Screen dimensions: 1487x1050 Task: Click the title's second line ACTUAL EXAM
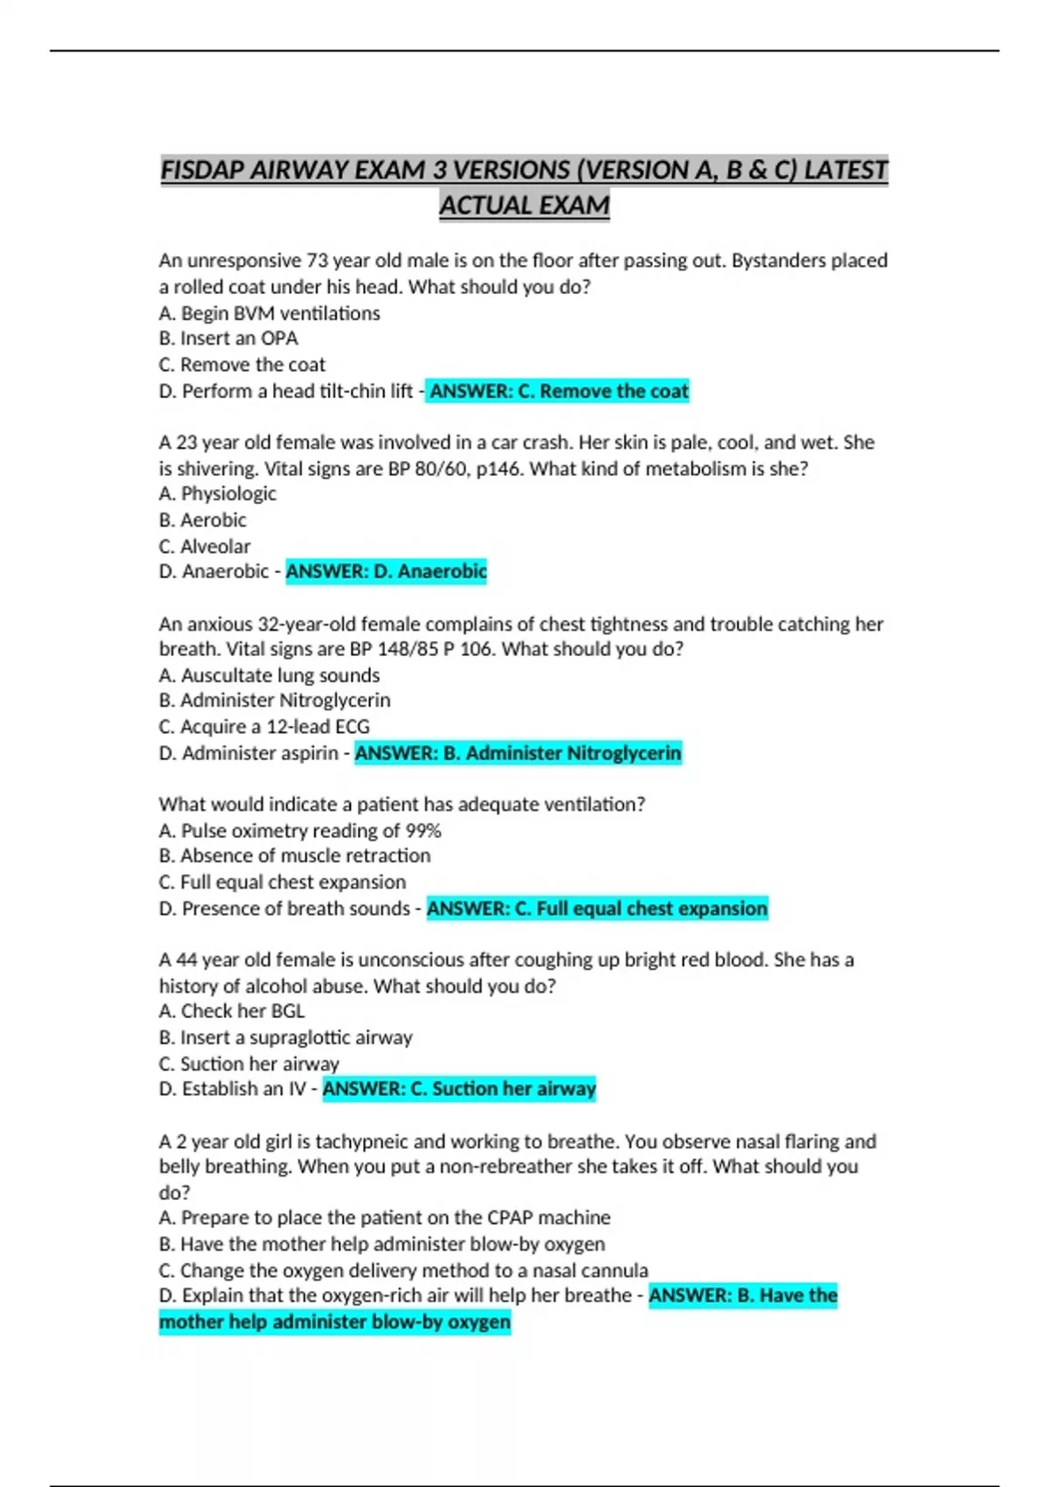click(524, 206)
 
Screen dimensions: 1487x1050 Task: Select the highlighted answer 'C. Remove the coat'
click(559, 391)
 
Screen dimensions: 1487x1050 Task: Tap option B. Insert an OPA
click(228, 339)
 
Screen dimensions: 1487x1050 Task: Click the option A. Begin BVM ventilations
click(269, 313)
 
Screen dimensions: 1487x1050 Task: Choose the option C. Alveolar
click(205, 547)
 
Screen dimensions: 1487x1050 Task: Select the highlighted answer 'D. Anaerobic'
click(386, 571)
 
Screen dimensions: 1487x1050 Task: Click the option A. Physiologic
click(218, 493)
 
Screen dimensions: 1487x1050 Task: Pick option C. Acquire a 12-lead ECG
click(264, 727)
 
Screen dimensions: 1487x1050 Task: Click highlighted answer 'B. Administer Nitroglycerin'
click(518, 753)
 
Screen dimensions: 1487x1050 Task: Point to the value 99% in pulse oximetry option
click(423, 830)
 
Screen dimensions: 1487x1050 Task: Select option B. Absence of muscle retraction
click(295, 855)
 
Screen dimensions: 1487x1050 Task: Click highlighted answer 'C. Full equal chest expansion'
click(598, 909)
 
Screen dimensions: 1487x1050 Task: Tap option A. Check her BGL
click(232, 1011)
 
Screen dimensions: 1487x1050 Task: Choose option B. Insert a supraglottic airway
click(285, 1037)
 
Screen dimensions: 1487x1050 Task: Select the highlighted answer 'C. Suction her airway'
click(459, 1089)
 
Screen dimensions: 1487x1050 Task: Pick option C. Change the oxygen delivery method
click(403, 1270)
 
